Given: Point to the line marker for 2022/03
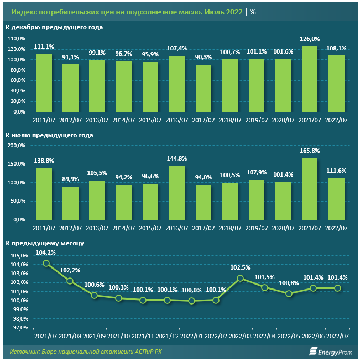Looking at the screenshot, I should pyautogui.click(x=241, y=278).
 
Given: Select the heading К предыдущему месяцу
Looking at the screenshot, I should pyautogui.click(x=44, y=243).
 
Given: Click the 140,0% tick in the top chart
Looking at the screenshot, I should pyautogui.click(x=17, y=39).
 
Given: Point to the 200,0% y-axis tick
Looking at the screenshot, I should pyautogui.click(x=17, y=145).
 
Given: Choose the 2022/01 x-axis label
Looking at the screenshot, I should pyautogui.click(x=192, y=337).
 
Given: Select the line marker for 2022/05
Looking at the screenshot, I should pyautogui.click(x=289, y=293).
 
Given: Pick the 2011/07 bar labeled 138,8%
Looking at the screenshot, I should pyautogui.click(x=44, y=194).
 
